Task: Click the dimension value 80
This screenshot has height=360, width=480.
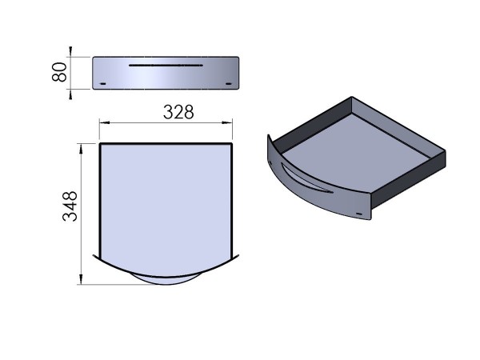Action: click(58, 74)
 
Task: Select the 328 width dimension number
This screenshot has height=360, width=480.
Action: click(178, 112)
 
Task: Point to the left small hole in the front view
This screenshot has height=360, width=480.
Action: click(101, 83)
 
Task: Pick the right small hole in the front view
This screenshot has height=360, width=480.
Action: click(230, 83)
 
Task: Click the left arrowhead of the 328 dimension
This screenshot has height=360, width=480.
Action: click(102, 122)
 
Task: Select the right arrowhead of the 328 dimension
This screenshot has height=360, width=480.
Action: click(230, 122)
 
